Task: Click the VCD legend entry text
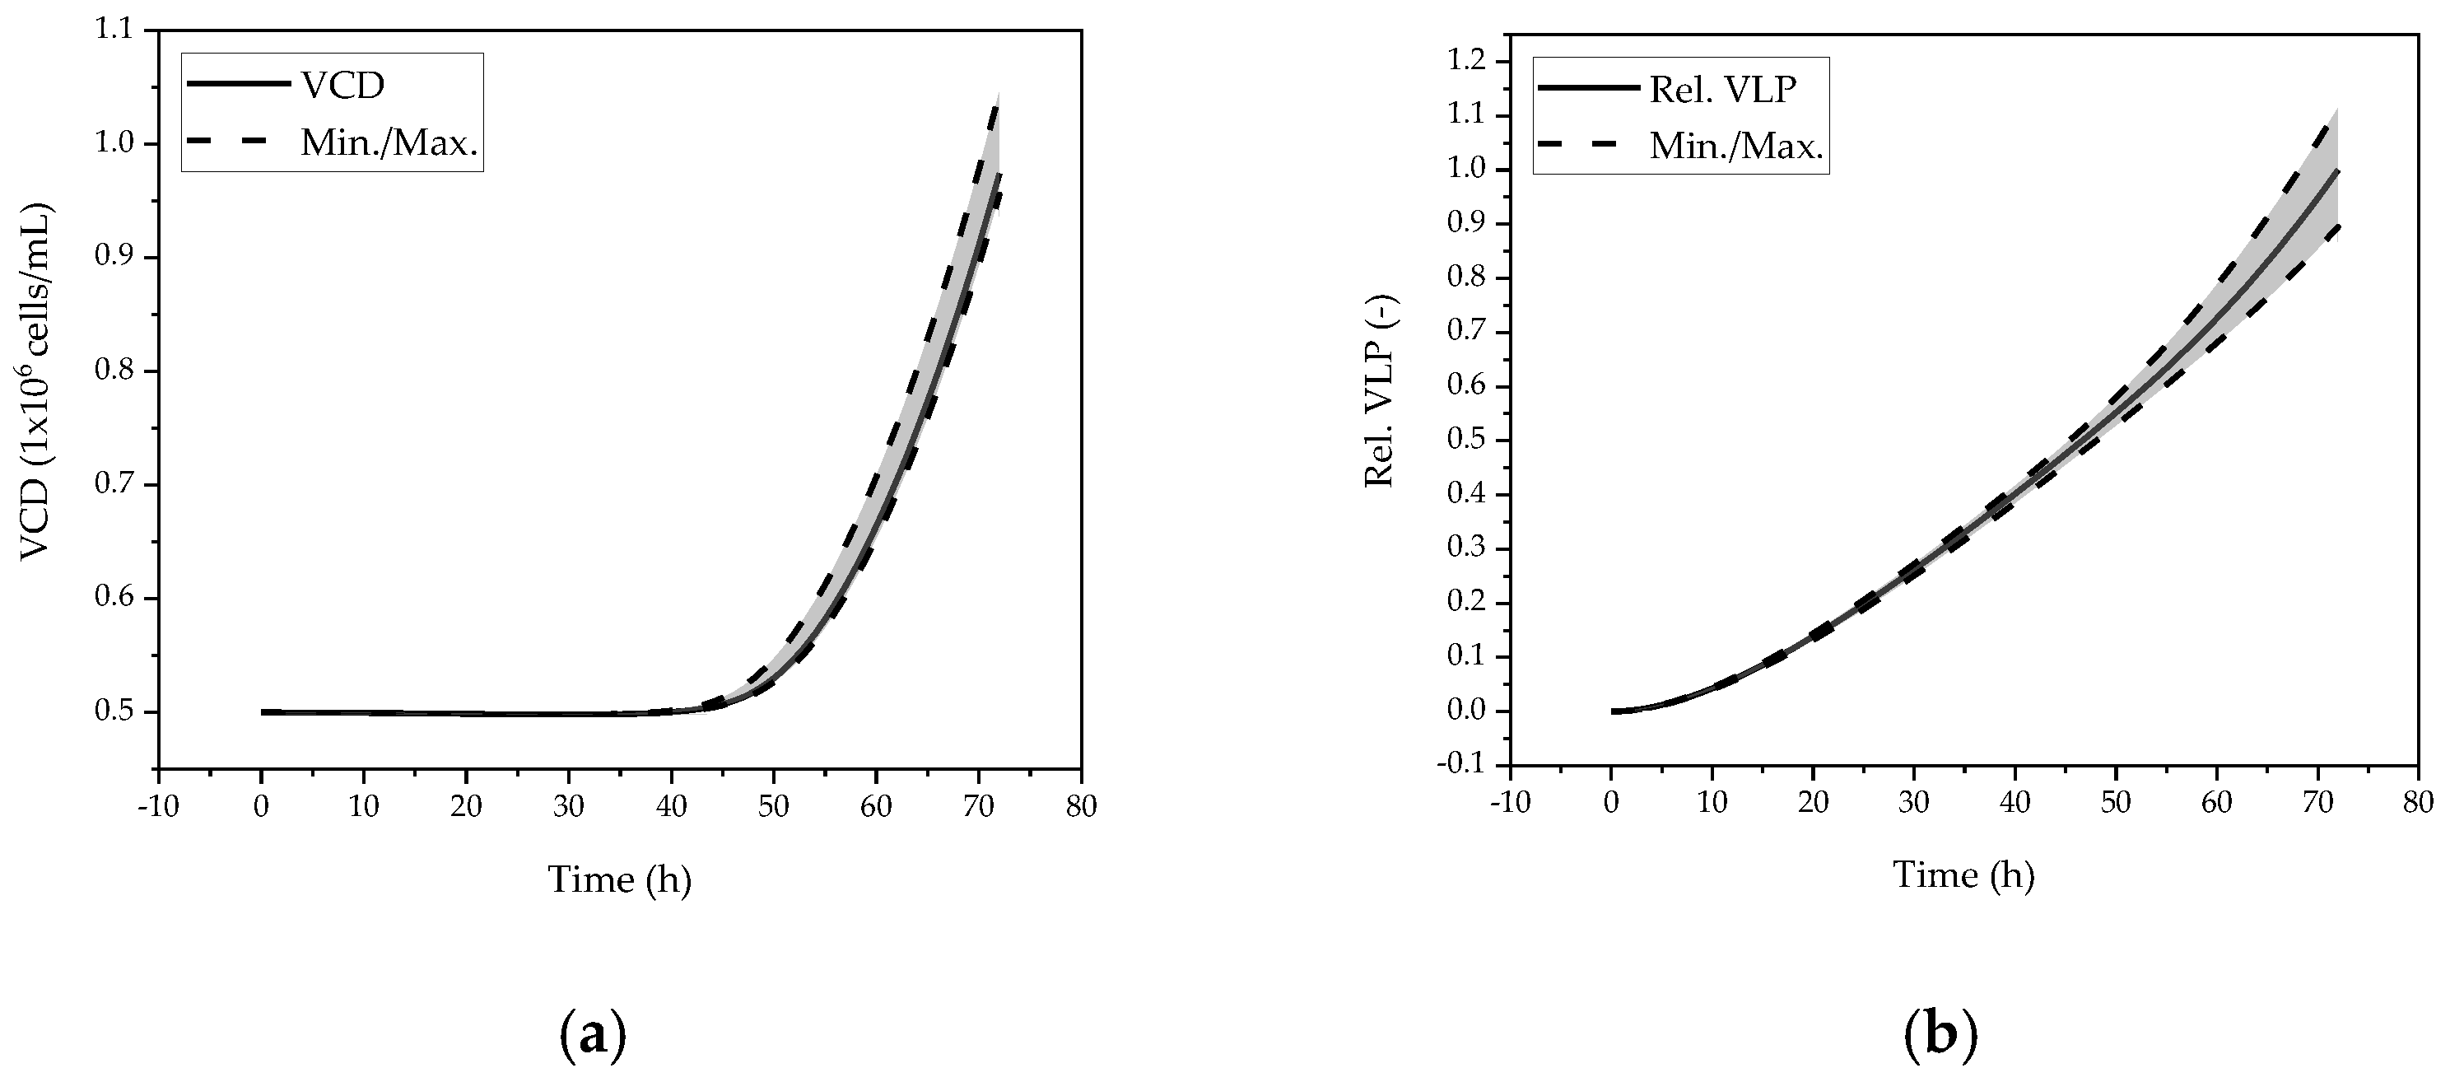click(342, 86)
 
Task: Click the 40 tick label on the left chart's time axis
click(672, 807)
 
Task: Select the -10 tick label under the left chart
click(157, 807)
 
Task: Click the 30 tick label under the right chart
click(1913, 802)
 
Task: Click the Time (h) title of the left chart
click(619, 879)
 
